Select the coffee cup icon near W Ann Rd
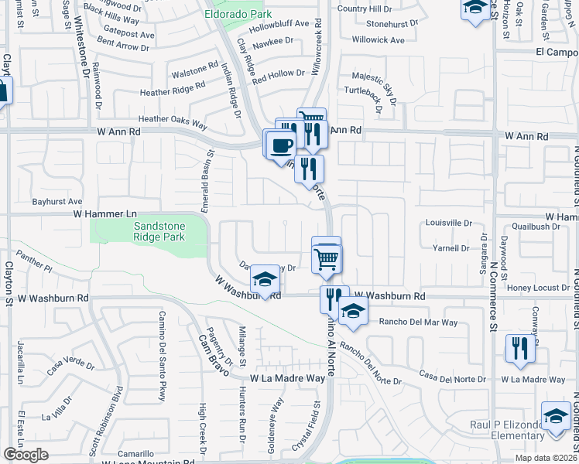pos(283,144)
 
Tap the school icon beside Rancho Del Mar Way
pos(353,312)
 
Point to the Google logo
pos(26,455)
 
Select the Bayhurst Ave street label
pos(57,201)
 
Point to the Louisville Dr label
pos(449,223)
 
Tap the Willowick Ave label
pos(378,39)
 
